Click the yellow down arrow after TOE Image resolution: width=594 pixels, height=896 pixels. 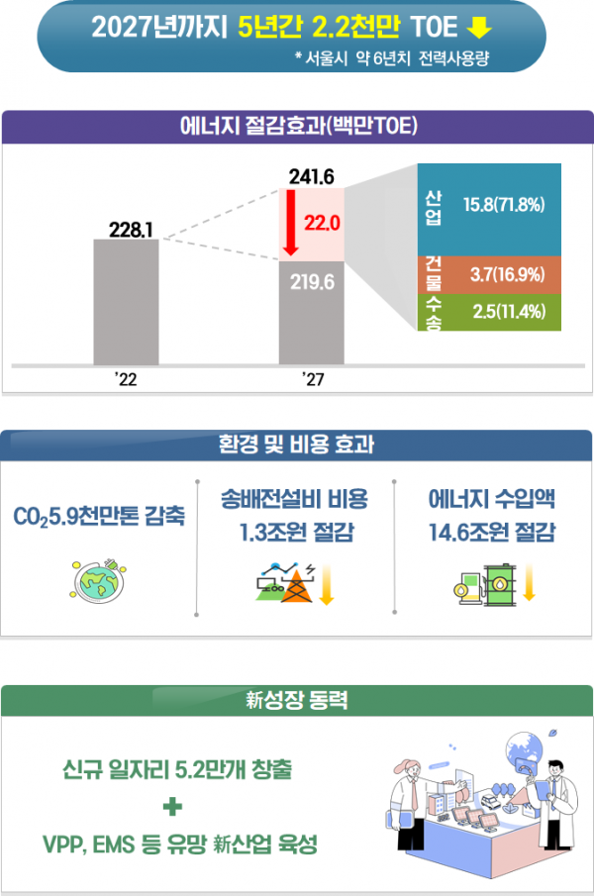tap(479, 28)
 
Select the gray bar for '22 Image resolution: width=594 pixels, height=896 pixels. tap(126, 302)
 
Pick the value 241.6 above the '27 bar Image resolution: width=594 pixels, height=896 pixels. tap(312, 177)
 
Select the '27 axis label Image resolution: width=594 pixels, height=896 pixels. tap(312, 379)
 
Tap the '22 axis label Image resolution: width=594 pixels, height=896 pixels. tap(126, 379)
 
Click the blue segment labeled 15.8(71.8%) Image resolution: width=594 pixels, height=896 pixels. tap(490, 208)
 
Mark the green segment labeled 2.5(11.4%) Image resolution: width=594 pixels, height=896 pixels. tap(490, 312)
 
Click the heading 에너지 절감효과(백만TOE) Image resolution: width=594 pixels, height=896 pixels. tap(297, 127)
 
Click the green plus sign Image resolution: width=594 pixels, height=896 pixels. tap(174, 808)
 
